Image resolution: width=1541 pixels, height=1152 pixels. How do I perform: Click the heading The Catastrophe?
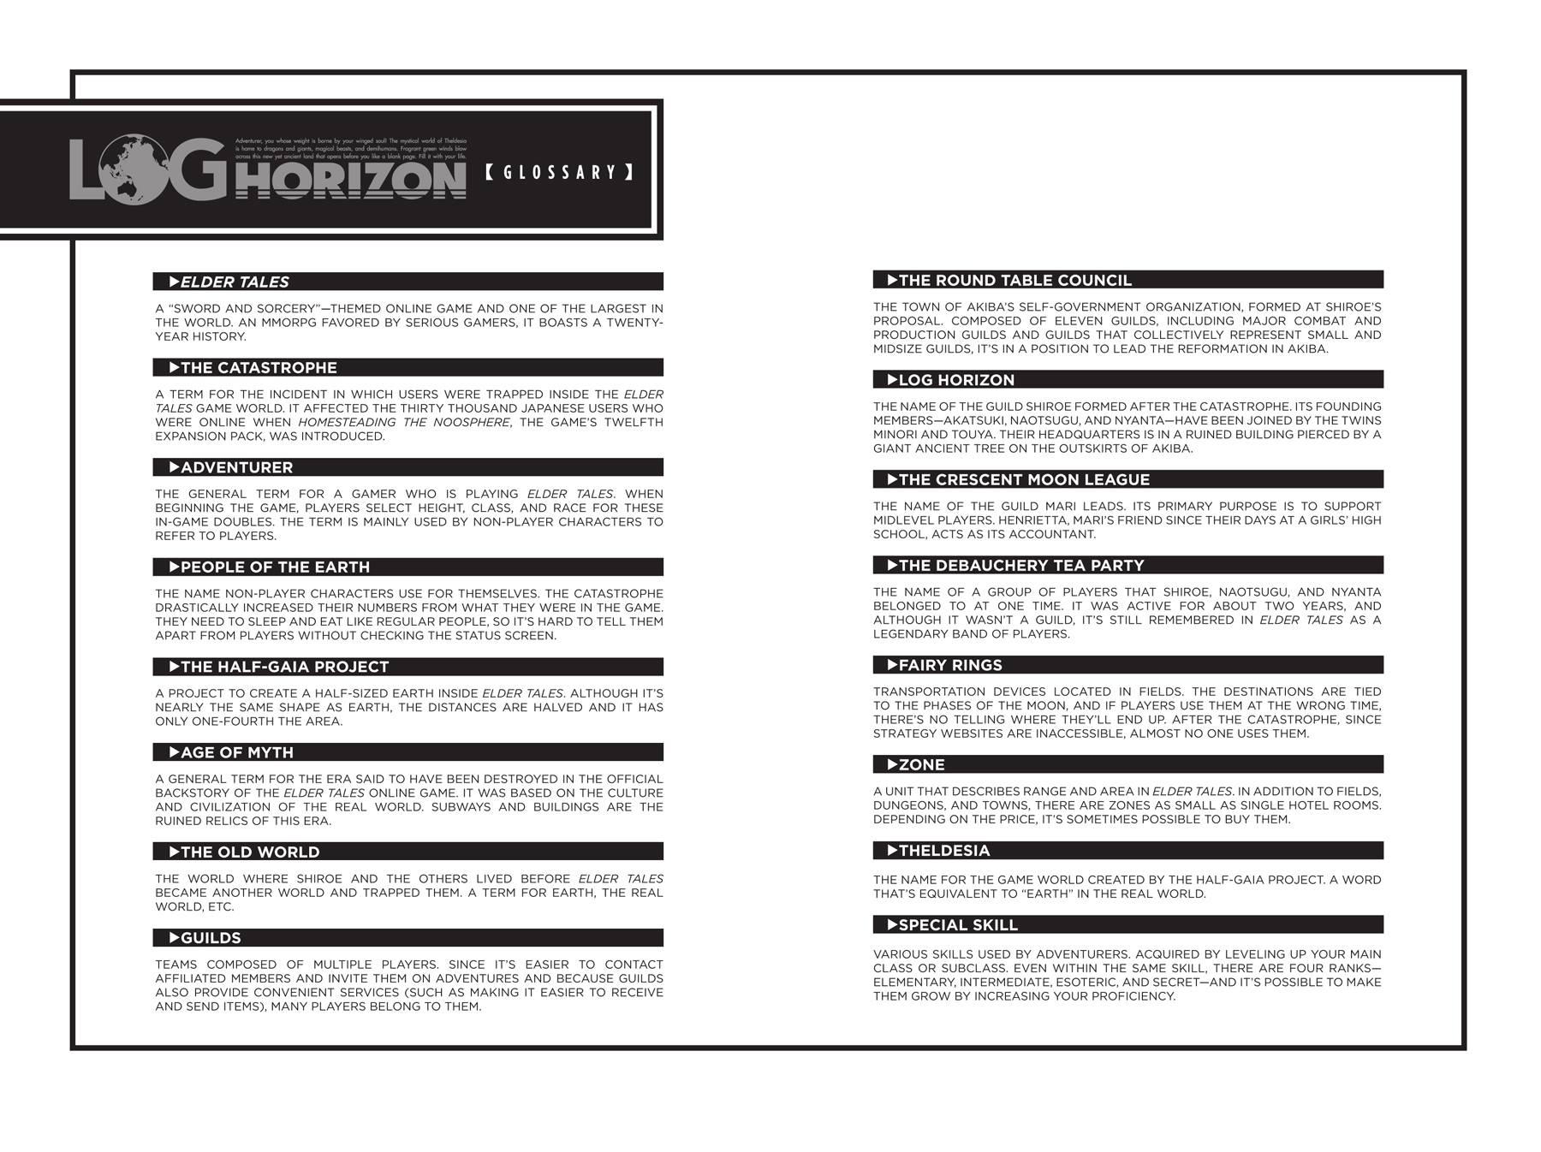click(259, 368)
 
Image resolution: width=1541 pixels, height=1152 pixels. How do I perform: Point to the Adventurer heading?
click(236, 467)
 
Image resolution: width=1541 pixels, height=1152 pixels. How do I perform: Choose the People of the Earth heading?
click(275, 567)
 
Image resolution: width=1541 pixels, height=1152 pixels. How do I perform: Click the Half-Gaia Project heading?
click(284, 667)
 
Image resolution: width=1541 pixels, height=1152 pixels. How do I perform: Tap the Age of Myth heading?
click(236, 752)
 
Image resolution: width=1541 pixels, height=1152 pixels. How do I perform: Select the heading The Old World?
click(250, 852)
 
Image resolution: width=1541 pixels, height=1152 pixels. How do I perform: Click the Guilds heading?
click(211, 938)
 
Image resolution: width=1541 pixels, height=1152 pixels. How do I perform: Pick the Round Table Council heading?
click(1014, 280)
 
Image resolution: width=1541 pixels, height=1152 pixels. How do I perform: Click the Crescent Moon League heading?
click(1024, 479)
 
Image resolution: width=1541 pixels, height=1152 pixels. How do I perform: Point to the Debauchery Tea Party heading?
click(1020, 565)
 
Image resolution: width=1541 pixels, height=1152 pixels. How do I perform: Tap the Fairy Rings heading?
click(949, 665)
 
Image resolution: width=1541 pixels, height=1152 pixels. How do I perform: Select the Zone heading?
click(921, 764)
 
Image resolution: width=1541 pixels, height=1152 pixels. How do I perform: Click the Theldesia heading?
click(943, 851)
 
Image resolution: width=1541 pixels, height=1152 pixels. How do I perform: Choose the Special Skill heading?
click(957, 925)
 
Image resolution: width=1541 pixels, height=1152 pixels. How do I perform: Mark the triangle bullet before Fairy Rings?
click(892, 664)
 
